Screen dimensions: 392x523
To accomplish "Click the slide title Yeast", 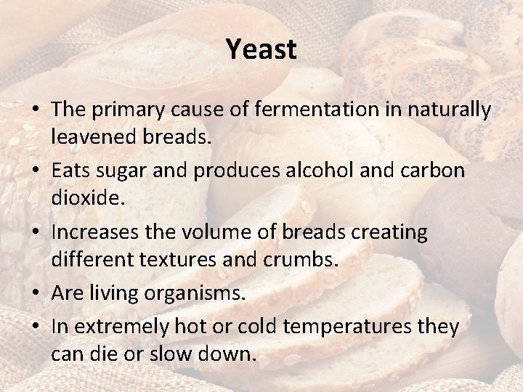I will (261, 49).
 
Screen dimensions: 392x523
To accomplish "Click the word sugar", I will (131, 171).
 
